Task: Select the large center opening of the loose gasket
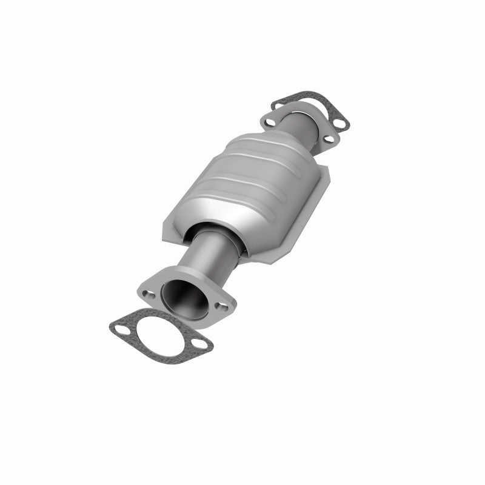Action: pyautogui.click(x=158, y=336)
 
